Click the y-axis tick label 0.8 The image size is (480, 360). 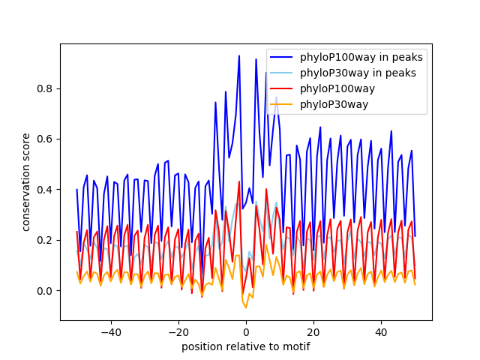click(x=46, y=88)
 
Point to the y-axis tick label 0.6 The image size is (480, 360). click(x=46, y=139)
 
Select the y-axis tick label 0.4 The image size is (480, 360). click(x=46, y=190)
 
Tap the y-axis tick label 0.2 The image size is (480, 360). click(x=46, y=241)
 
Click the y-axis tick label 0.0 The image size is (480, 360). click(x=46, y=291)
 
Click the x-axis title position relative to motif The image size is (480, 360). click(x=245, y=346)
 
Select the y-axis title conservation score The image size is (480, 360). click(x=26, y=181)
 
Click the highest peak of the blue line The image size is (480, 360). click(x=239, y=55)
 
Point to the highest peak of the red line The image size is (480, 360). click(x=239, y=181)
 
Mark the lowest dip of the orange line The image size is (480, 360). click(x=246, y=307)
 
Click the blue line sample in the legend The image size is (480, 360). click(x=282, y=57)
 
